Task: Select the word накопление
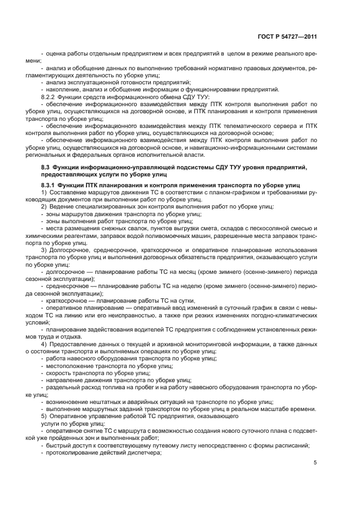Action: tap(63, 89)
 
